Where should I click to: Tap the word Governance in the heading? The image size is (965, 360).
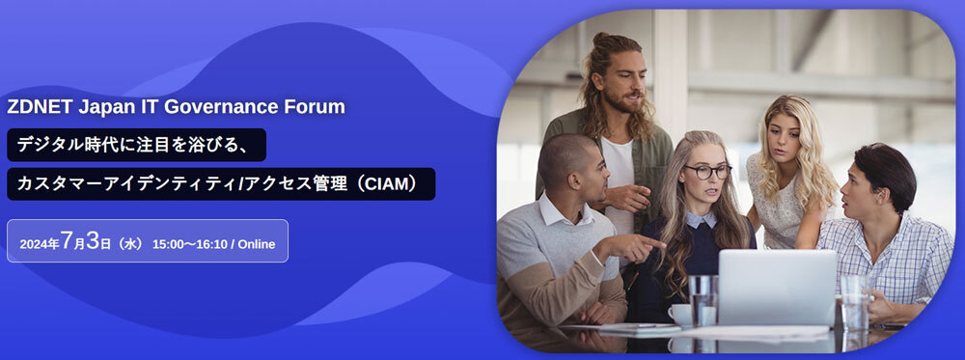click(220, 107)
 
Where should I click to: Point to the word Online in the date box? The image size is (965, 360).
click(257, 244)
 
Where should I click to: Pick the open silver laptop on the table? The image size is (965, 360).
click(777, 288)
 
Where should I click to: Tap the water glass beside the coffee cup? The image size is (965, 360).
click(703, 300)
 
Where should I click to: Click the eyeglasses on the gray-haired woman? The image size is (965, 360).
click(706, 171)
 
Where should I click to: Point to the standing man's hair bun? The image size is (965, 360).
click(600, 39)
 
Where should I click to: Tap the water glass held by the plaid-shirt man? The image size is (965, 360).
click(854, 300)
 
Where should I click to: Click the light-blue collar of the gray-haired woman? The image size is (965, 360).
click(701, 219)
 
